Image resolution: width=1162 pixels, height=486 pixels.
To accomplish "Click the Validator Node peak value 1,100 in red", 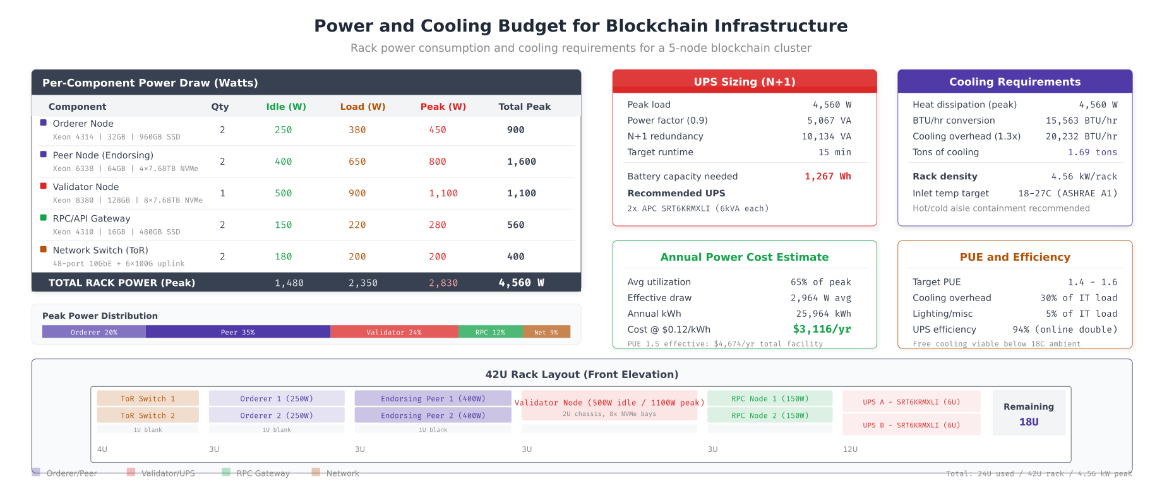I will coord(443,193).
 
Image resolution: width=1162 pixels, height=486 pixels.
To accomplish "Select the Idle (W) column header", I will coord(286,107).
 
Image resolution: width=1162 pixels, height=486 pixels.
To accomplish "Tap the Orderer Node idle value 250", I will coord(283,130).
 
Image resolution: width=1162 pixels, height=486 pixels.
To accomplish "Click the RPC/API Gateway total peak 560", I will coord(515,225).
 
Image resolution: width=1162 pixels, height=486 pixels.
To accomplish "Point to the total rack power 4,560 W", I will coord(521,283).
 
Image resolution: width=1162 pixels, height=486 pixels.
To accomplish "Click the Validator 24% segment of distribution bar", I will coord(394,332).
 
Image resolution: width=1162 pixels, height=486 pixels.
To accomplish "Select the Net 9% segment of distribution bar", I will coord(546,332).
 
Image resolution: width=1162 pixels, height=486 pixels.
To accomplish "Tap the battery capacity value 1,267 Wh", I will coord(827,177).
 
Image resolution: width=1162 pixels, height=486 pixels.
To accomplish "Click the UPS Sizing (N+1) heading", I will coord(745,82).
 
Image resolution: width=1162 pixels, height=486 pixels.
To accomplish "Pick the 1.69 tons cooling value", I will coord(1092,152).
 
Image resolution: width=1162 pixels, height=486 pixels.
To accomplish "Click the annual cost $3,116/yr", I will coord(822,329).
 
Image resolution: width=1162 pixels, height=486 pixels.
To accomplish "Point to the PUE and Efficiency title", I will coord(1015,257).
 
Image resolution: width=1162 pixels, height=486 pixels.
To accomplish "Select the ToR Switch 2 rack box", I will coord(148,415).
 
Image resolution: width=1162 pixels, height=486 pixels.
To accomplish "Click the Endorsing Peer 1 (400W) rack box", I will coord(433,398).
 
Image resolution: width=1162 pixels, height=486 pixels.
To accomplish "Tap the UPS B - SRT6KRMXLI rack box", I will coord(911,425).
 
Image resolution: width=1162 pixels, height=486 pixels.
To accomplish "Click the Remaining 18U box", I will coord(1029,413).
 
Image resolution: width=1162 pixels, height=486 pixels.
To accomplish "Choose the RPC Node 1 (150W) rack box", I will coord(770,398).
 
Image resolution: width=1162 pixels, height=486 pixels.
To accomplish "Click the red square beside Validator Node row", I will coord(44,186).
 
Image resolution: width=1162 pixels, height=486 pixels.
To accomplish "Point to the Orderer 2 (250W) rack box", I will coord(277,415).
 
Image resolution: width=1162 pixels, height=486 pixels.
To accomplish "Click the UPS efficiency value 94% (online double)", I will coord(1065,329).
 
